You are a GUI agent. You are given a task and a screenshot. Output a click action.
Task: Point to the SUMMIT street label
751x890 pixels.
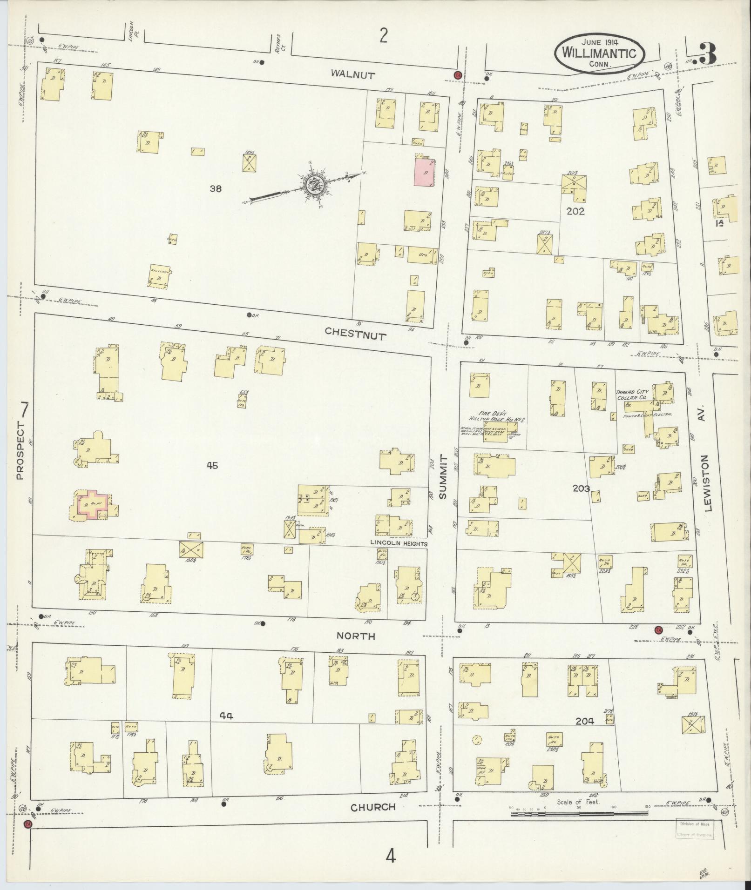pos(442,477)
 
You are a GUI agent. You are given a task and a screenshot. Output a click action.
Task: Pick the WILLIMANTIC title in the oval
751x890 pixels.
pos(599,53)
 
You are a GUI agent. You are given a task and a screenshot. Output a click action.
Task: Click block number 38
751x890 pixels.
pos(216,188)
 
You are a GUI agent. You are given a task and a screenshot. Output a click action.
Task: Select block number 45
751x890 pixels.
pos(212,465)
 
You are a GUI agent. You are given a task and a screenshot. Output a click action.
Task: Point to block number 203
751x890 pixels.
pos(582,488)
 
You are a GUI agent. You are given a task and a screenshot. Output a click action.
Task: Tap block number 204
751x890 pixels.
pos(585,734)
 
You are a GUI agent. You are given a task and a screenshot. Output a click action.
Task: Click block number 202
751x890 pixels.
pos(575,211)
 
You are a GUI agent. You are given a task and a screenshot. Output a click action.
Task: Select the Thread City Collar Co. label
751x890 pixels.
pos(631,395)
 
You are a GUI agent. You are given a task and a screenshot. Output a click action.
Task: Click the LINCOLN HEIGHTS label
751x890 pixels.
pos(399,543)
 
